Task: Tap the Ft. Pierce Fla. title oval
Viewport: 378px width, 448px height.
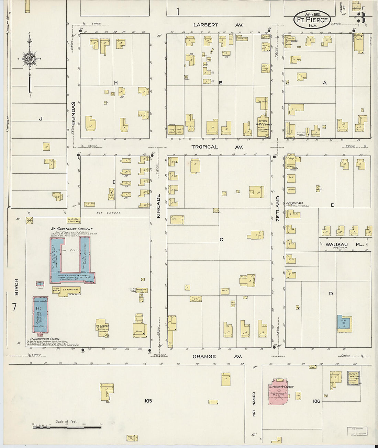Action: tap(312, 20)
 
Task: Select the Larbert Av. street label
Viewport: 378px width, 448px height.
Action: tap(218, 25)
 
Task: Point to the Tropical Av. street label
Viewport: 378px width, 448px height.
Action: tap(217, 147)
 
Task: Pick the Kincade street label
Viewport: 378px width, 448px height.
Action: tap(158, 206)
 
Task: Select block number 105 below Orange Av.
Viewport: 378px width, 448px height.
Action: tap(148, 401)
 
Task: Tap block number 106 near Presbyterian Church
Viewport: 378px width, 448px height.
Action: tap(316, 401)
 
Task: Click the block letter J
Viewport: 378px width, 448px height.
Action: tap(40, 119)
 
